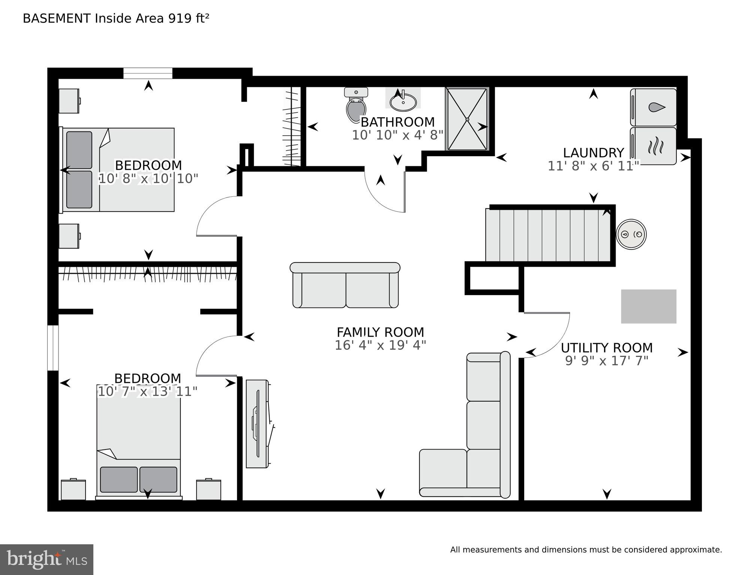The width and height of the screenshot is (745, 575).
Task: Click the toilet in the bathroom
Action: [356, 105]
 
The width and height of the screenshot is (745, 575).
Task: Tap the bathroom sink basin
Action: [403, 101]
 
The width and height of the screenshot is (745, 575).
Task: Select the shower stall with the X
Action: [467, 119]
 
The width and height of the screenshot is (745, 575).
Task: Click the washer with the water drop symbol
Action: [653, 107]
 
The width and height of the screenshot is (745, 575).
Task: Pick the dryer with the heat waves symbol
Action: [653, 146]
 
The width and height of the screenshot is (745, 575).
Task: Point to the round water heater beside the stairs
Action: [631, 234]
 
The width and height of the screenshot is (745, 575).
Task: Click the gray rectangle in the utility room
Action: [649, 306]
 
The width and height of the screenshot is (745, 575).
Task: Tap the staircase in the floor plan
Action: [548, 235]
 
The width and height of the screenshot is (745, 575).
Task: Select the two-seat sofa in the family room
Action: [345, 285]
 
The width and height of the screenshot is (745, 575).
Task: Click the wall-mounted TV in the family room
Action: [258, 424]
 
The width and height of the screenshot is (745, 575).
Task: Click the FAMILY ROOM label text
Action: [380, 332]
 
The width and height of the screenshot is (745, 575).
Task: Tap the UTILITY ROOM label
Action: [607, 348]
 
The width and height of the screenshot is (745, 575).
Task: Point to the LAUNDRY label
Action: [594, 153]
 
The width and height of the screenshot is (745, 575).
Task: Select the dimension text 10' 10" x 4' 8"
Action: [397, 135]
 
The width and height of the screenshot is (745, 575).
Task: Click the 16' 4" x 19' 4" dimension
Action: [380, 345]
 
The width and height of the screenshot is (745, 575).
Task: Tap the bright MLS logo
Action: [46, 560]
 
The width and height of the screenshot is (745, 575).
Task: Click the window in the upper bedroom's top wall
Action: [148, 73]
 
